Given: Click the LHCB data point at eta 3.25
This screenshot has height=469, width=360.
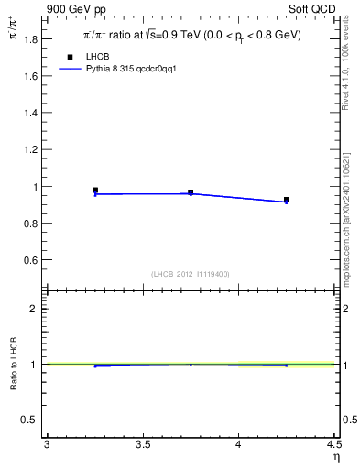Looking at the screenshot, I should click(x=95, y=191).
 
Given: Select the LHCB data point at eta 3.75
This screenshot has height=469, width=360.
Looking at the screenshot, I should click(x=191, y=192).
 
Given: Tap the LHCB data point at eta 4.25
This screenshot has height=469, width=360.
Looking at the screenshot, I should click(x=287, y=200).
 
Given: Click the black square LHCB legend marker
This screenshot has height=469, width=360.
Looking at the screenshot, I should click(x=70, y=57).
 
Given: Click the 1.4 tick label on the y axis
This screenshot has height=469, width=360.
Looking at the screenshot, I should click(x=29, y=113).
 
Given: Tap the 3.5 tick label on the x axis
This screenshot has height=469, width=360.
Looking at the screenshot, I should click(x=142, y=445).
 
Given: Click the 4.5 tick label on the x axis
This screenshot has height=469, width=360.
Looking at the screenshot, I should click(x=333, y=445).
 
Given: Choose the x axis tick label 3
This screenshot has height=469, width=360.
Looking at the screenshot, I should click(x=47, y=445).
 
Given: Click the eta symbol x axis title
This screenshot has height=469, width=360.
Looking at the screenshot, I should click(x=335, y=457).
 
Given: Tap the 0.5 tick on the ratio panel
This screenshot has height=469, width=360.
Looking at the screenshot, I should click(x=29, y=420).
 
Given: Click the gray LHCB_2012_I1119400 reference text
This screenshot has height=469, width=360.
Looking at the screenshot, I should click(x=191, y=274).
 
